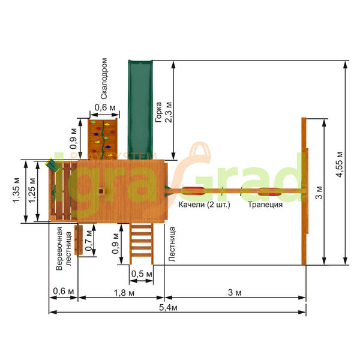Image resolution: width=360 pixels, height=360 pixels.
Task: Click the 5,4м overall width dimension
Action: [x=168, y=308]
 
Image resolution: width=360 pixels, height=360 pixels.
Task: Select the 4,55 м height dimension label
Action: [x=339, y=164]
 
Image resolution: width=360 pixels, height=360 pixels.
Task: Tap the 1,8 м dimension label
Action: [x=124, y=293]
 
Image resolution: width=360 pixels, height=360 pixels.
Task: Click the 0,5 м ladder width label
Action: [x=142, y=274]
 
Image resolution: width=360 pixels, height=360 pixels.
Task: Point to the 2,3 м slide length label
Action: [x=169, y=112]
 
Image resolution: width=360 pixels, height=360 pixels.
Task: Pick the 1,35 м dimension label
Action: [x=17, y=190]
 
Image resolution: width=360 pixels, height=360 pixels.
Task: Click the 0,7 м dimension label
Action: [x=88, y=240]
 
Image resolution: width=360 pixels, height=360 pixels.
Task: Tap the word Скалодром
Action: [x=104, y=79]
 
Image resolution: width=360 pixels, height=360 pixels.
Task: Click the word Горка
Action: [x=158, y=112]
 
